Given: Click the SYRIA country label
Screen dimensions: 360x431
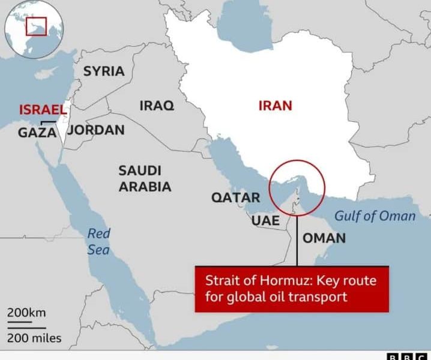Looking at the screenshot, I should click(x=104, y=71).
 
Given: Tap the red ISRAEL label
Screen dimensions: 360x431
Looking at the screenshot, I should click(x=42, y=110).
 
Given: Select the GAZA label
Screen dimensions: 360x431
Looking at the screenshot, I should click(x=37, y=133).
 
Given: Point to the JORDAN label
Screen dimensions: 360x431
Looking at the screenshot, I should click(x=95, y=130).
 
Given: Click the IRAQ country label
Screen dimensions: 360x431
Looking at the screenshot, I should click(x=157, y=106).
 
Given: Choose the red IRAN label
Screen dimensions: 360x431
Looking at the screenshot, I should click(x=275, y=106).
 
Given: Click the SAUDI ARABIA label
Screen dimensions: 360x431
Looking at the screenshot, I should click(x=145, y=178).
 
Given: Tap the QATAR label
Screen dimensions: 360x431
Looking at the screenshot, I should click(x=235, y=198).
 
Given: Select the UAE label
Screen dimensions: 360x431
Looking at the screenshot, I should click(x=265, y=221).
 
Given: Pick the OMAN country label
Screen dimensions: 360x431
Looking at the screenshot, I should click(x=324, y=238).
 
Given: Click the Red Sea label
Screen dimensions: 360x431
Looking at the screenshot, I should click(x=99, y=241).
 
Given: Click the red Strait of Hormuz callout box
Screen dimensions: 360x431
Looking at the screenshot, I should click(x=291, y=289).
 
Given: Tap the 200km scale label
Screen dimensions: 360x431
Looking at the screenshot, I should click(x=26, y=313).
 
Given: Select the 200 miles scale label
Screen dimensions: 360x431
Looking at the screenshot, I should click(x=34, y=338).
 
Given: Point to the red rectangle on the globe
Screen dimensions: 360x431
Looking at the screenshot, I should click(x=37, y=26).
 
